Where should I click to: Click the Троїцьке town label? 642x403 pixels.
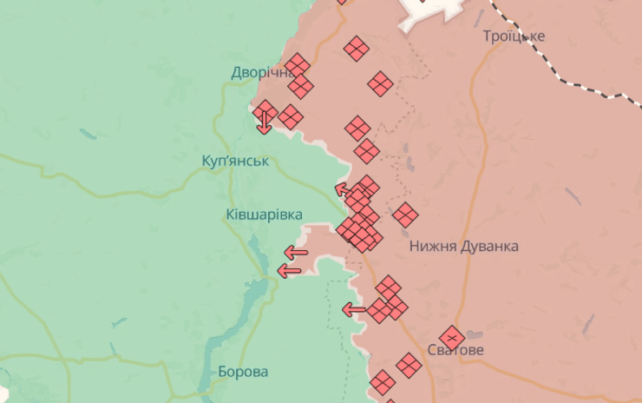click(514, 36)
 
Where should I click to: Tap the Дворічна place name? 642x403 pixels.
click(260, 72)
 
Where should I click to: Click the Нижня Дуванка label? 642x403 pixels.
click(464, 246)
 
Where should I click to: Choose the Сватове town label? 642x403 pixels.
click(455, 350)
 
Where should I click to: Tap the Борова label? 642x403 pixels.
click(243, 372)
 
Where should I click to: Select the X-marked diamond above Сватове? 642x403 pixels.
click(451, 337)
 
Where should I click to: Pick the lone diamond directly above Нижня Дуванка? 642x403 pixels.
click(405, 214)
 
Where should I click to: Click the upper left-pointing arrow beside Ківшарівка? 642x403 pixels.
click(296, 253)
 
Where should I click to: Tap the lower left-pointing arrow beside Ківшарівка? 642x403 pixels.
click(289, 270)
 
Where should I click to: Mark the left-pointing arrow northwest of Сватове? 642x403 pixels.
click(354, 308)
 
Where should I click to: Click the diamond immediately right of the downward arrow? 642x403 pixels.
click(291, 117)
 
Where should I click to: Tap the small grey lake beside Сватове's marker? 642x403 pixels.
click(474, 334)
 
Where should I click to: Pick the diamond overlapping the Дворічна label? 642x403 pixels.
click(298, 65)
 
